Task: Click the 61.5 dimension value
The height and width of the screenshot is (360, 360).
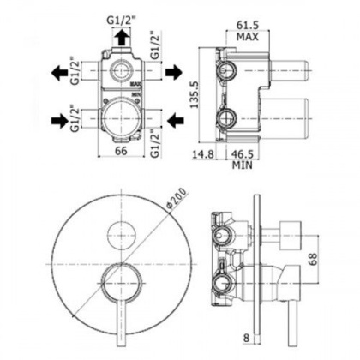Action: point(248,25)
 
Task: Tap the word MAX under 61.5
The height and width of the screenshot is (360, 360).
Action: point(248,37)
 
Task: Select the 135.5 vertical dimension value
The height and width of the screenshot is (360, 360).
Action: point(195,95)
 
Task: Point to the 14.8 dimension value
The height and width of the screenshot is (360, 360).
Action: point(203,154)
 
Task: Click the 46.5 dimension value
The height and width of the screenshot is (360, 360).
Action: point(243,154)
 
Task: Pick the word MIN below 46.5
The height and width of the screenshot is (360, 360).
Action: point(243,165)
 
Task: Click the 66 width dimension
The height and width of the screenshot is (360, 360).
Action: point(121,151)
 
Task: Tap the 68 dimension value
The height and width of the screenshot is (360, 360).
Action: point(314,260)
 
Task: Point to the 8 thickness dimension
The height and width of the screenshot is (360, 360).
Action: point(246,339)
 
